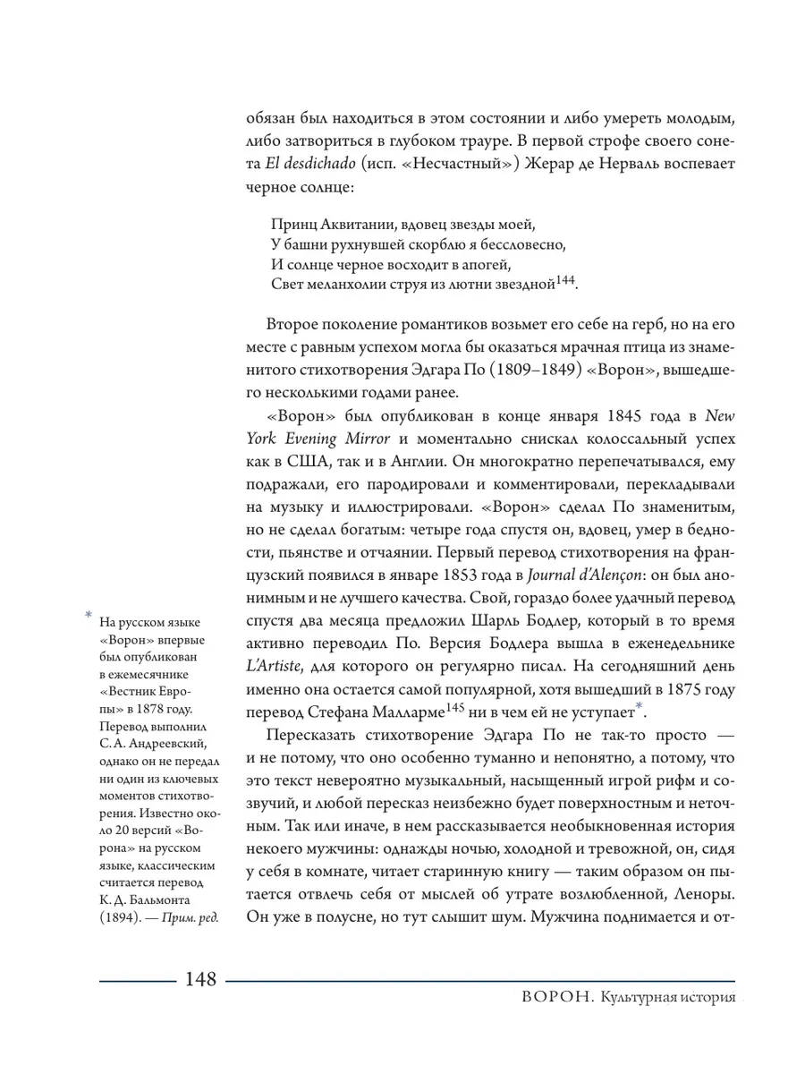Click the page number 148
200,979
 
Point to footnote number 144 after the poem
565,280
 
